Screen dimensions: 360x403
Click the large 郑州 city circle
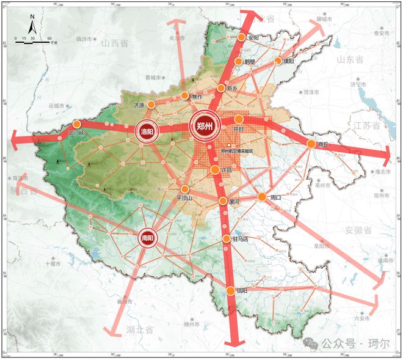click(204, 126)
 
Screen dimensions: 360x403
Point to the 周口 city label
click(274, 197)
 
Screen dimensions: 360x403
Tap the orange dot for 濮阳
click(278, 61)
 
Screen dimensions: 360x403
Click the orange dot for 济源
click(151, 105)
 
